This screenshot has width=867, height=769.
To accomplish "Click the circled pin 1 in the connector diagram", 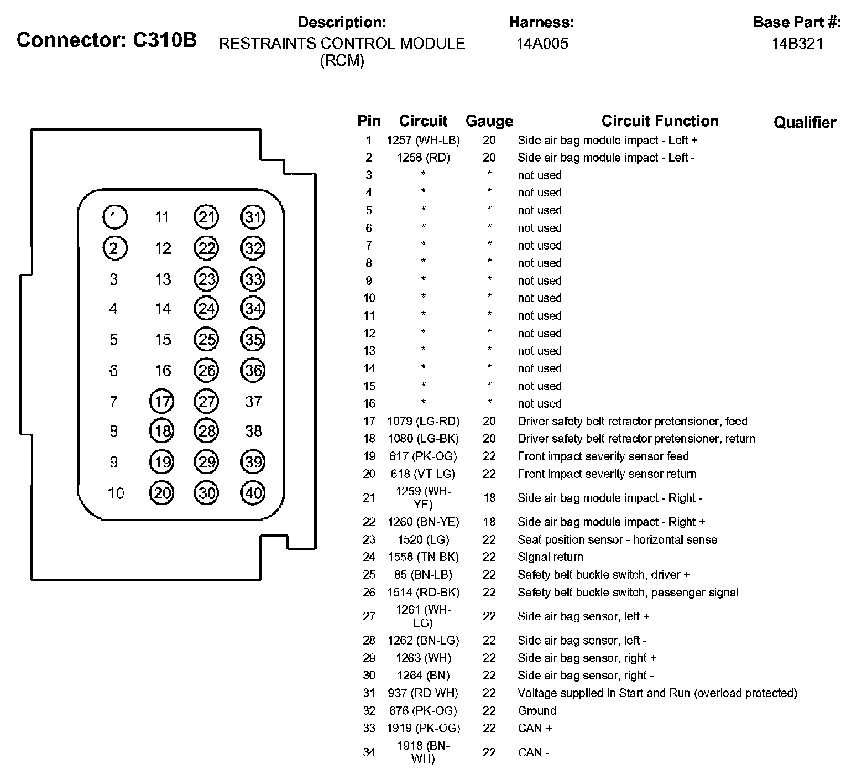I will [x=114, y=217].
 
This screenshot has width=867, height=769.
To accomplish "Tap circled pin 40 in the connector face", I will [x=253, y=493].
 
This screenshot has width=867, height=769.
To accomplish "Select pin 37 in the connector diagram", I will [x=253, y=402].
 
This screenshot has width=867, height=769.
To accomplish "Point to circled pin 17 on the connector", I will [x=162, y=402].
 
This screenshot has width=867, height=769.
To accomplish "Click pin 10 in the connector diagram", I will [x=116, y=493].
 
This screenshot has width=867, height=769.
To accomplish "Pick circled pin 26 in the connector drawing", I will [x=207, y=371].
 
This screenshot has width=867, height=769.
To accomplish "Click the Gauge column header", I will [x=489, y=121].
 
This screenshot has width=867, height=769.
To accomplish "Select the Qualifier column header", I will [x=805, y=122].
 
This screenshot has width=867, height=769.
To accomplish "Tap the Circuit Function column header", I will [x=660, y=121].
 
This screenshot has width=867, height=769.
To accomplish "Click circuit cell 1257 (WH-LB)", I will [x=423, y=141].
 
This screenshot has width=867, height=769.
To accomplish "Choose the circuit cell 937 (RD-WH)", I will [x=423, y=693].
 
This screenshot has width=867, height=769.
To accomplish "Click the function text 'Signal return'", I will [x=550, y=557].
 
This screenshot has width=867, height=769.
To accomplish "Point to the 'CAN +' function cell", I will [x=535, y=728].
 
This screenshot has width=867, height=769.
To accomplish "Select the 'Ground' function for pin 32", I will [x=537, y=711].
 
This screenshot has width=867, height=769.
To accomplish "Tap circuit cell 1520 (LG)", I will [x=423, y=539].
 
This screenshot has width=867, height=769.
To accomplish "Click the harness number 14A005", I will [x=542, y=44].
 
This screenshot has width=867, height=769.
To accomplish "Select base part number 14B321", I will [x=797, y=44].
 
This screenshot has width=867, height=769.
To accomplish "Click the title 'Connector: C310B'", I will [x=107, y=40].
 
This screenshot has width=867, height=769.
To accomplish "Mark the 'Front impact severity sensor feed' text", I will [x=603, y=456].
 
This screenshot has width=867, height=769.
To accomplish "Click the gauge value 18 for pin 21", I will [x=489, y=498].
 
